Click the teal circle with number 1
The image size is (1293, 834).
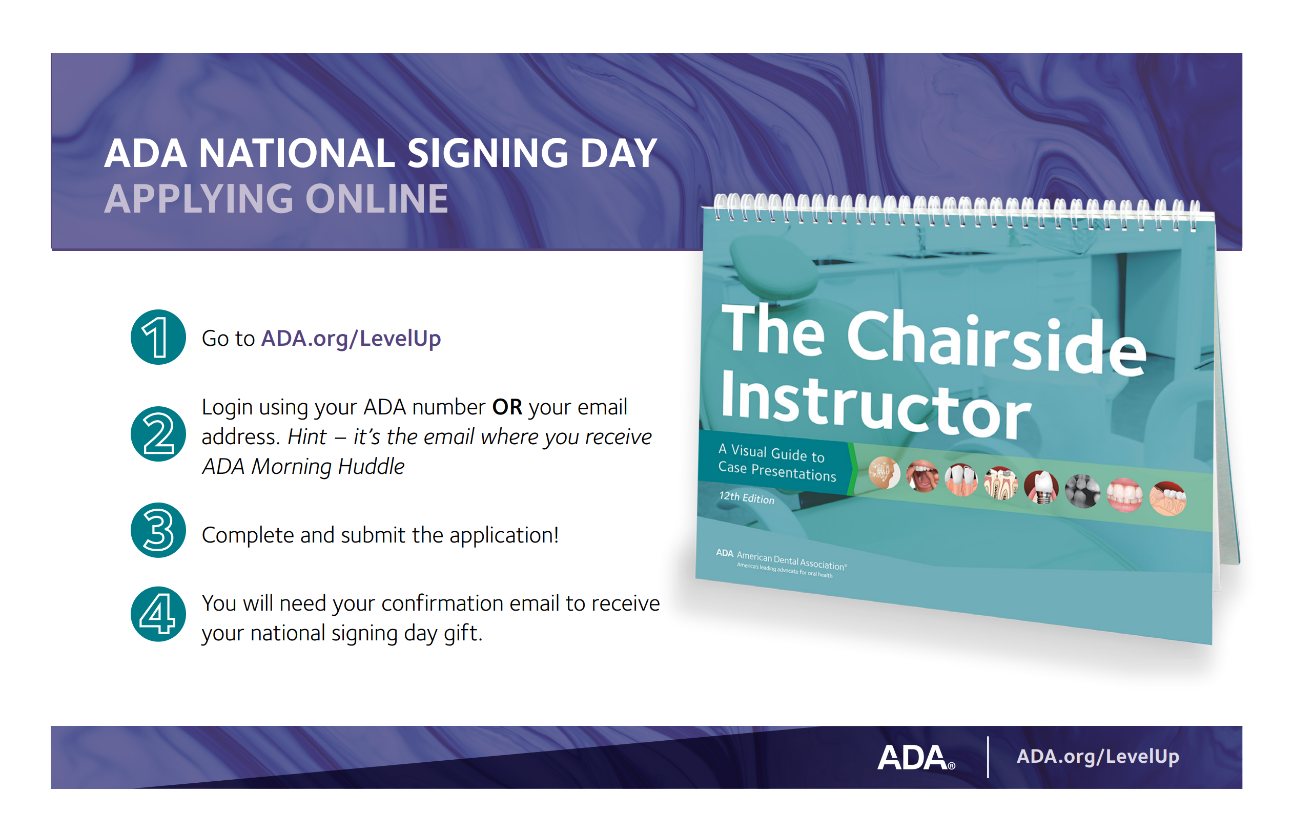click(x=158, y=337)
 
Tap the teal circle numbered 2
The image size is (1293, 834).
click(x=158, y=434)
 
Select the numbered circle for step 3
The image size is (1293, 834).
click(x=158, y=530)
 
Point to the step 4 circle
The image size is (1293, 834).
click(x=158, y=614)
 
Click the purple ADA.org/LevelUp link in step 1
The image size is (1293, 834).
click(x=351, y=339)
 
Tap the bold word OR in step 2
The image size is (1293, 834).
click(x=507, y=407)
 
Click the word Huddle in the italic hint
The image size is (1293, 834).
click(x=371, y=466)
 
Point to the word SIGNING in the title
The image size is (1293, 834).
click(x=487, y=153)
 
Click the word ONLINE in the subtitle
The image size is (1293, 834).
click(x=377, y=199)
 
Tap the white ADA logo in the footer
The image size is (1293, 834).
click(x=916, y=757)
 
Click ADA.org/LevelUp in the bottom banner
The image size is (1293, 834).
click(x=1097, y=757)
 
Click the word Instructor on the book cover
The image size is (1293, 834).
click(x=875, y=405)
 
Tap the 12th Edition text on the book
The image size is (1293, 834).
click(x=747, y=498)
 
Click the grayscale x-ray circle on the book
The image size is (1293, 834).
click(x=1082, y=491)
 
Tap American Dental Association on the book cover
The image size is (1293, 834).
click(x=791, y=561)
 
